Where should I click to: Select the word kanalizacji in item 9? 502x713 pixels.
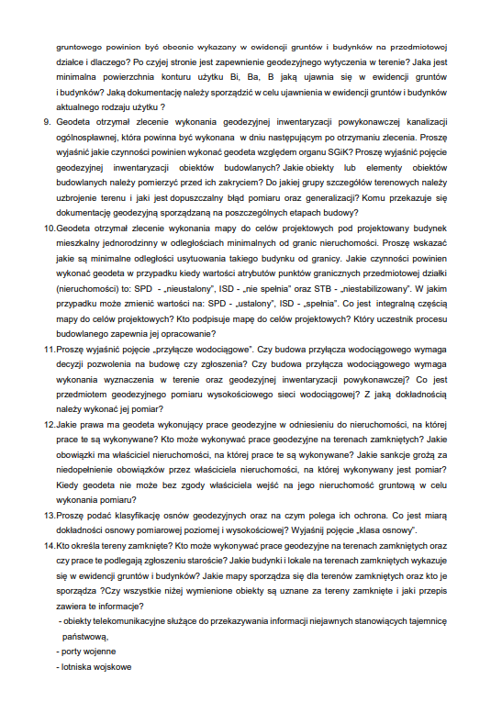click(x=420, y=121)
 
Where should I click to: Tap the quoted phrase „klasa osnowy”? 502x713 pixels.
click(x=386, y=530)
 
